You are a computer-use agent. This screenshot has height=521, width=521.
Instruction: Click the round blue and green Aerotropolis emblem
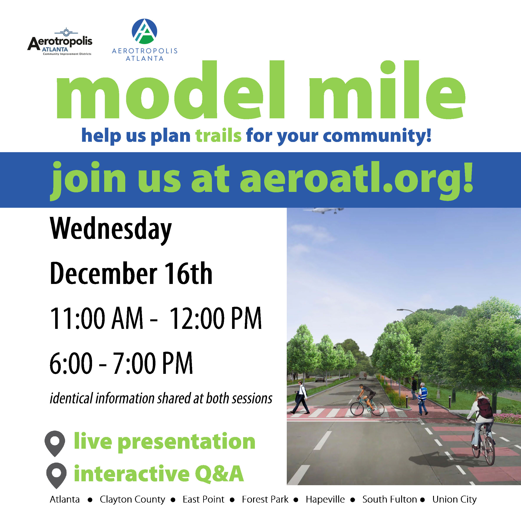[x=144, y=31]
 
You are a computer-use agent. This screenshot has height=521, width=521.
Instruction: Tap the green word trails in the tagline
[x=218, y=135]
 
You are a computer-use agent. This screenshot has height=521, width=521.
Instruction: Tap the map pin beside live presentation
[x=55, y=443]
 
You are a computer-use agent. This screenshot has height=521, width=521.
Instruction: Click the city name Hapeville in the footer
[x=325, y=500]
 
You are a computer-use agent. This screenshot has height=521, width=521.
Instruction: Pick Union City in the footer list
[x=454, y=500]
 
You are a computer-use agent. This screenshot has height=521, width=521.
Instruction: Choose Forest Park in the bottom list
[x=265, y=500]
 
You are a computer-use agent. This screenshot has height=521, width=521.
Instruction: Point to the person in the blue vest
[x=422, y=399]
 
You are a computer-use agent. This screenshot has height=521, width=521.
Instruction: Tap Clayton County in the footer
[x=132, y=500]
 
